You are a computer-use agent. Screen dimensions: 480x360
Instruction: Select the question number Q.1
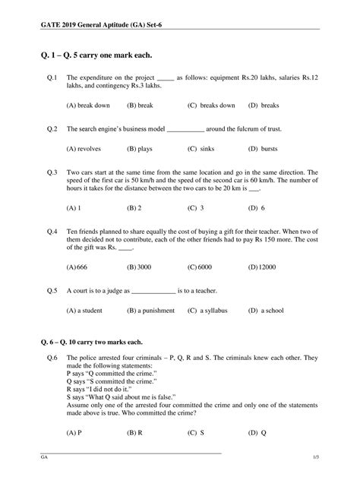52,77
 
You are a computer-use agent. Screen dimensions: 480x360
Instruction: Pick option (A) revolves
84,149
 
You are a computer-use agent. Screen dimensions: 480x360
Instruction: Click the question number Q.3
52,172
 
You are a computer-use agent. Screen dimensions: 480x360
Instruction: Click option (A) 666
77,267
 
